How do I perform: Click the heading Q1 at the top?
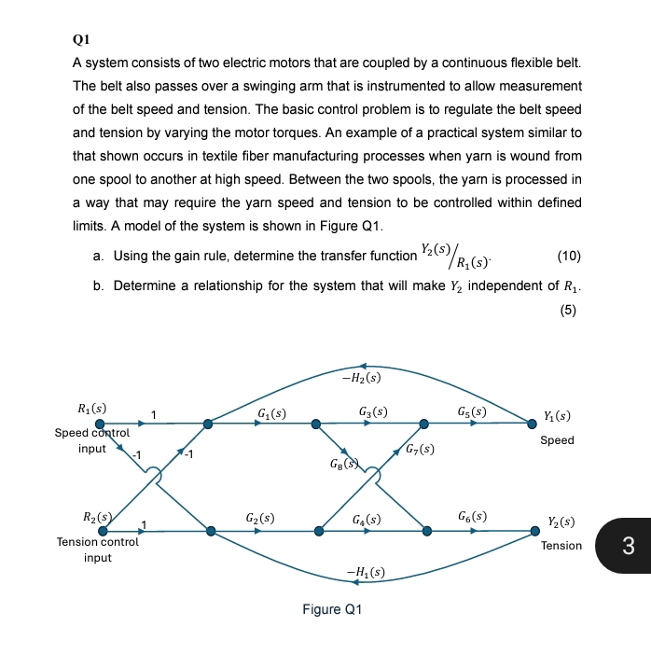pyautogui.click(x=80, y=41)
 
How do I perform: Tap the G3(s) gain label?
pyautogui.click(x=372, y=411)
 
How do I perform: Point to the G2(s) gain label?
pyautogui.click(x=259, y=517)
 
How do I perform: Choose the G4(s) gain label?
pyautogui.click(x=367, y=518)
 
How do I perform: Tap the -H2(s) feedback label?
pyautogui.click(x=361, y=378)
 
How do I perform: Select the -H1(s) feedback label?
pyautogui.click(x=366, y=571)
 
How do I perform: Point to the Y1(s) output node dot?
pyautogui.click(x=533, y=424)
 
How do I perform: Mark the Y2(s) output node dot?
pyautogui.click(x=534, y=531)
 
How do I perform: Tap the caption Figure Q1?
pyautogui.click(x=331, y=609)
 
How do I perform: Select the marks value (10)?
pyautogui.click(x=569, y=256)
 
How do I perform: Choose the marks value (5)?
pyautogui.click(x=569, y=312)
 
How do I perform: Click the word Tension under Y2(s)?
pyautogui.click(x=561, y=546)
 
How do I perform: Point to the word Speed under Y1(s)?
pyautogui.click(x=557, y=440)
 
